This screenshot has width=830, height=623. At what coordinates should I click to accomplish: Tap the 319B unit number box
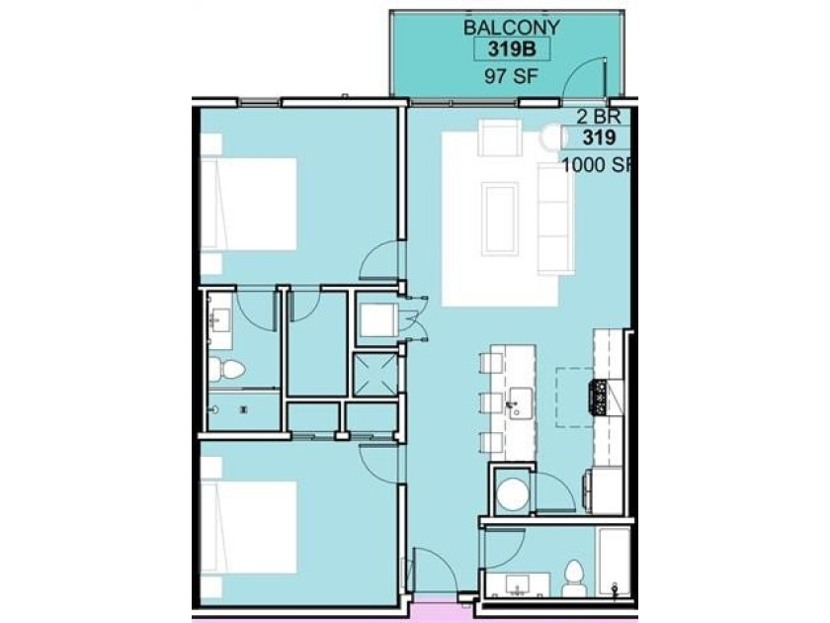512,49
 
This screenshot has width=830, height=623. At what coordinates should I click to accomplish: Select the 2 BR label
598,116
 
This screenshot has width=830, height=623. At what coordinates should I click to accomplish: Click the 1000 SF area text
597,165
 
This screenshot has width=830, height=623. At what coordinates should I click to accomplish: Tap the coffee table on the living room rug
500,219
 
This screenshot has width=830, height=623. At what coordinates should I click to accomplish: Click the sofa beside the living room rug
554,219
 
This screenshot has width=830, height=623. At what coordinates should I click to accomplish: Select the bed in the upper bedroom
249,204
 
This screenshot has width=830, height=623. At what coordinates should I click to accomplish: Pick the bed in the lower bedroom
249,527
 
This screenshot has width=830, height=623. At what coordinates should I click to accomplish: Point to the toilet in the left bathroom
226,369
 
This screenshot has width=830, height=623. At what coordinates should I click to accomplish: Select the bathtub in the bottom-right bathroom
614,563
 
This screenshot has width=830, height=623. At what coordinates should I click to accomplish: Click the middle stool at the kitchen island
490,402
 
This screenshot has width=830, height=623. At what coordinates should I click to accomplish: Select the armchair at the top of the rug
500,137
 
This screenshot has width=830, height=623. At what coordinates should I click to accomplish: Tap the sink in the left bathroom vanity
219,320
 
